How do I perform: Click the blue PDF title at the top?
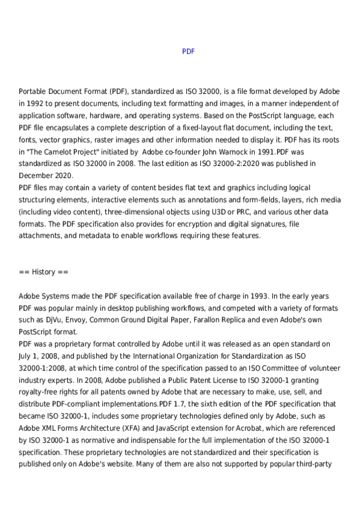pyautogui.click(x=188, y=52)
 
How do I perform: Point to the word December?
pyautogui.click(x=38, y=176)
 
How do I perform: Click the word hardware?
pyautogui.click(x=136, y=115)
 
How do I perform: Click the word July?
pyautogui.click(x=26, y=356)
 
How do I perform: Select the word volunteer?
pyautogui.click(x=323, y=368)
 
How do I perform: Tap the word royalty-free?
pyautogui.click(x=38, y=392)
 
